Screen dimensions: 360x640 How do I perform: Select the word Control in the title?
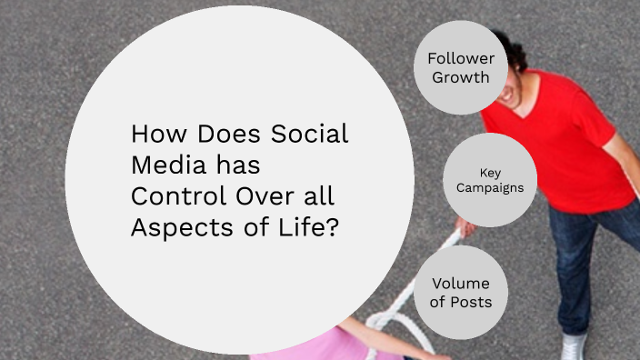pyautogui.click(x=171, y=195)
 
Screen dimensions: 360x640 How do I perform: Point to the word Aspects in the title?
pyautogui.click(x=174, y=227)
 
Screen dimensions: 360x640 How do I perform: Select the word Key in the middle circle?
pyautogui.click(x=490, y=172)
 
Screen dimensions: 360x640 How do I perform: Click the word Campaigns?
pyautogui.click(x=490, y=188)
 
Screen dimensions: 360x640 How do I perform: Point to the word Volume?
pyautogui.click(x=460, y=283)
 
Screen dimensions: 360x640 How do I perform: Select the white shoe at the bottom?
pyautogui.click(x=574, y=347)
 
